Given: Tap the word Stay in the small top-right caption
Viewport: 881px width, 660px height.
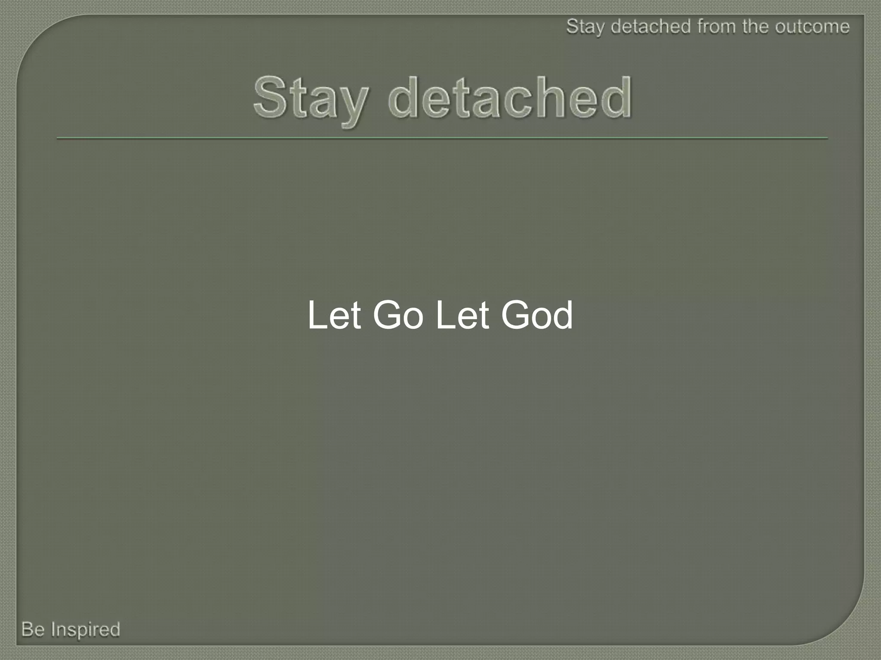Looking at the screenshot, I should click(585, 27).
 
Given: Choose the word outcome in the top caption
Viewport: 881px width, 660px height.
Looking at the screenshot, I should click(813, 27).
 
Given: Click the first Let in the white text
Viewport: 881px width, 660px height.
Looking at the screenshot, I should click(334, 316).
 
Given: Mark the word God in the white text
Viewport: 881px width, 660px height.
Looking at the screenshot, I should click(537, 316).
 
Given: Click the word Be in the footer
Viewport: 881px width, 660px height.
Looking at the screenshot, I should click(33, 629).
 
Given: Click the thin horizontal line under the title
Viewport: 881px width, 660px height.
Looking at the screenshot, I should click(442, 138).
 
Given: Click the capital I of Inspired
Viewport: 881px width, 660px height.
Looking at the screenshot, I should click(54, 629).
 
